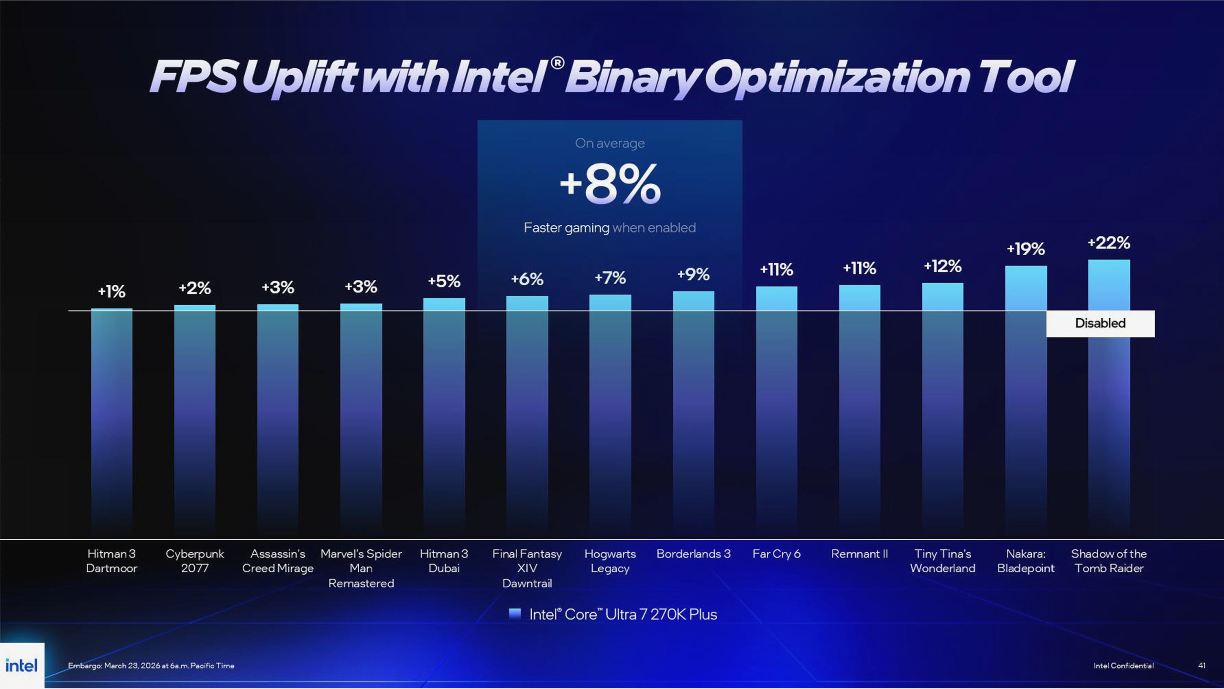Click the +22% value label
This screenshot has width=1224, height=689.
(x=1108, y=243)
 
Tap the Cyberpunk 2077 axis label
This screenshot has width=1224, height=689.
(x=195, y=561)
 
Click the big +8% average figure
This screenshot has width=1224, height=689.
(x=610, y=185)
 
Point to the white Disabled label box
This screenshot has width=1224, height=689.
(x=1100, y=323)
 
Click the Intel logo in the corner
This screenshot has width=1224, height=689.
(x=22, y=665)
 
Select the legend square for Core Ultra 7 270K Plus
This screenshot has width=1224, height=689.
(x=514, y=614)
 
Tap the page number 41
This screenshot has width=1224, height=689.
(x=1202, y=666)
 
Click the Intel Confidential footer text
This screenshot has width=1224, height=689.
(x=1123, y=666)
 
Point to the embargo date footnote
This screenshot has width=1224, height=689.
(x=151, y=666)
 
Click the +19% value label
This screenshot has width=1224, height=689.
(x=1026, y=249)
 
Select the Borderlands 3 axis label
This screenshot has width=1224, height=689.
(x=693, y=554)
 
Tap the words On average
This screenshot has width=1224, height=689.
(x=610, y=143)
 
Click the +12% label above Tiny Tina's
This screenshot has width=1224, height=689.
(x=942, y=267)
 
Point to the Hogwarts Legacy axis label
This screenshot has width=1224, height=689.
(x=610, y=561)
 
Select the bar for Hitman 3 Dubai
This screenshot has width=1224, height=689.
(x=444, y=411)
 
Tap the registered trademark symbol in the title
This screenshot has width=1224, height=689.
(x=557, y=63)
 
